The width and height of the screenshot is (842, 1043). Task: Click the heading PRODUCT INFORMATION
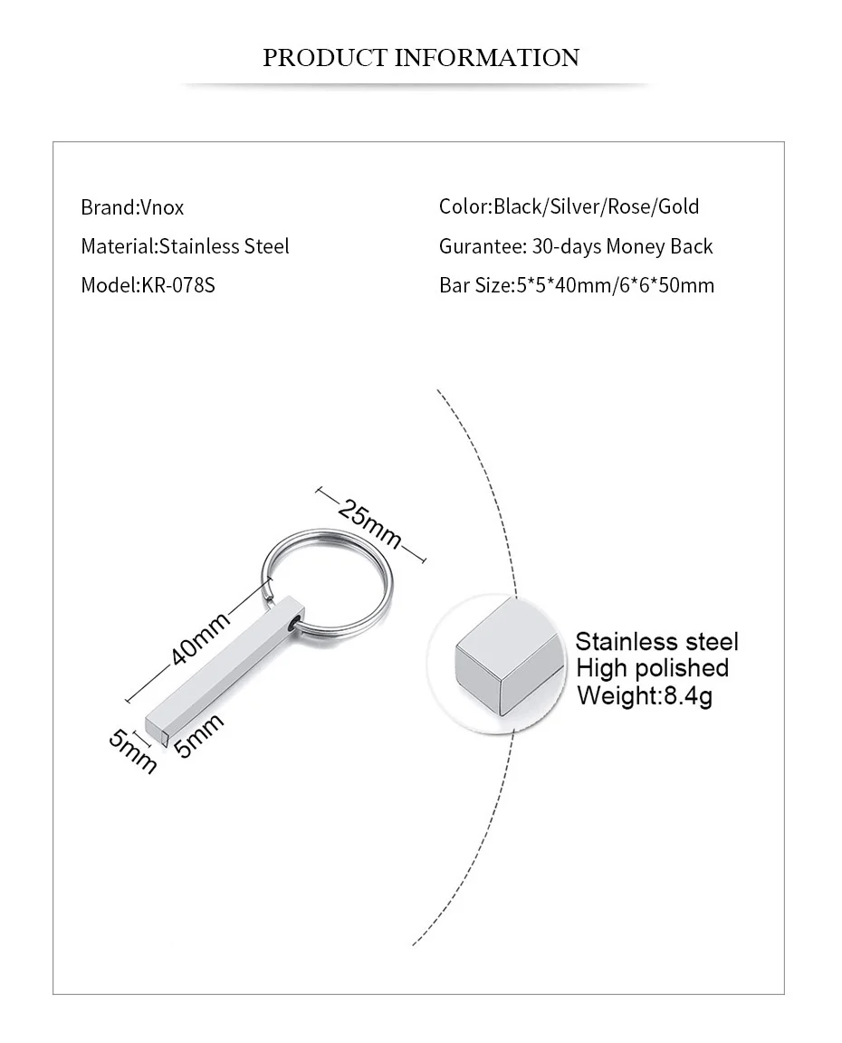[421, 59]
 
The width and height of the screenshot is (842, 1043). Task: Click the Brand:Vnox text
[132, 207]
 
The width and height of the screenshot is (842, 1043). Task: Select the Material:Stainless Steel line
[185, 246]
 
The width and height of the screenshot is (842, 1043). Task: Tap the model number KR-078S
[178, 286]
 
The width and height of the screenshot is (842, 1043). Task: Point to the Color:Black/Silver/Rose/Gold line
[569, 206]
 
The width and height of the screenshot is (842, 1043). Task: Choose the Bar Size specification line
[576, 286]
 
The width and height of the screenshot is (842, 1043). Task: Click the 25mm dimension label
[369, 523]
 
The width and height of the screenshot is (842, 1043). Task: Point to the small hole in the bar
[292, 624]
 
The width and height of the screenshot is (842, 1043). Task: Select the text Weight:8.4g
[644, 695]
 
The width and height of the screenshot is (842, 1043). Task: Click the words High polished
[652, 668]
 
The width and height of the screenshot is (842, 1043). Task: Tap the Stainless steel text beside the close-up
[656, 642]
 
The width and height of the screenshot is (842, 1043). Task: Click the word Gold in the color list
[678, 206]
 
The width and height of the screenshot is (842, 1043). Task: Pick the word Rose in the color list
[629, 206]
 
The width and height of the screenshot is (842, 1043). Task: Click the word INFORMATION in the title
[487, 59]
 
